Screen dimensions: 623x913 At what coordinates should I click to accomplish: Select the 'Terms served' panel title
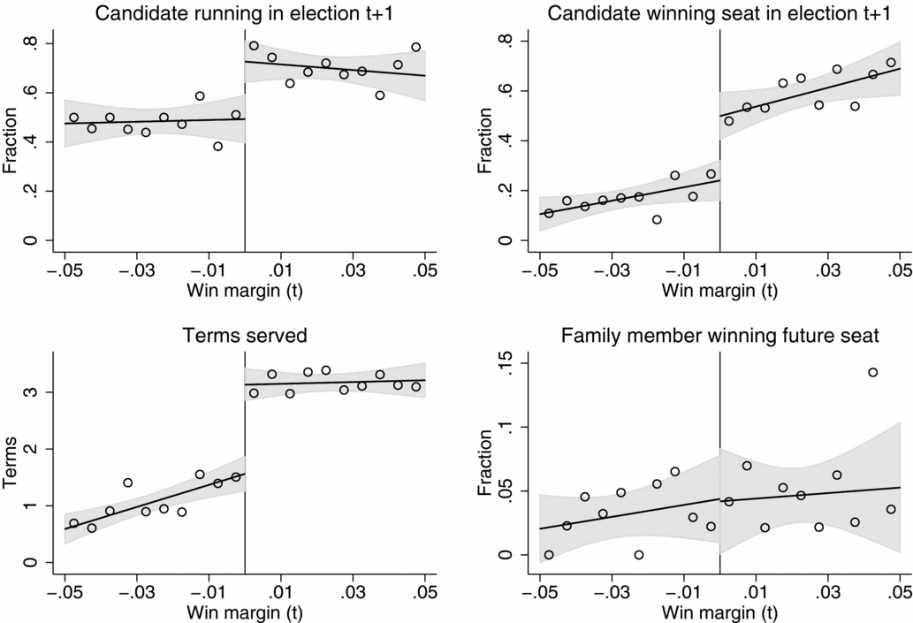pos(245,335)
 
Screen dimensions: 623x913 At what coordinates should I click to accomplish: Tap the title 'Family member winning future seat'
pos(719,335)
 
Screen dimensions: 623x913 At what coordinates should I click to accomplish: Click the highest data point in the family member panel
pos(872,372)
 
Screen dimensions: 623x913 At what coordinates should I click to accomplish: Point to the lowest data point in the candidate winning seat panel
pos(657,219)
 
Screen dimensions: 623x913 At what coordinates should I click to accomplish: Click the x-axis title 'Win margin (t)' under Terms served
pos(245,612)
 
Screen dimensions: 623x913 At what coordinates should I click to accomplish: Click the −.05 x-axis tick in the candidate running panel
pos(64,267)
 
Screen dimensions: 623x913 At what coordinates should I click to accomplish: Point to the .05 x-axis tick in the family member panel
pos(899,589)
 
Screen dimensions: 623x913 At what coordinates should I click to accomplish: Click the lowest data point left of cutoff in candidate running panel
pos(217,146)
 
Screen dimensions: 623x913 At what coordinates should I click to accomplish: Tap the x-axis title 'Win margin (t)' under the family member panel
pos(719,612)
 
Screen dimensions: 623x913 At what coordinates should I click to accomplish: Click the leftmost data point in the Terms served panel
pos(73,523)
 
